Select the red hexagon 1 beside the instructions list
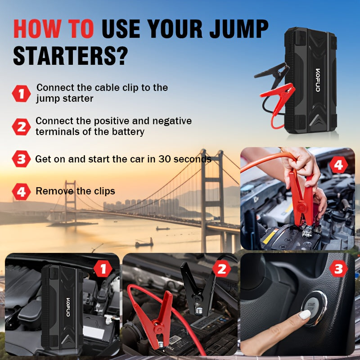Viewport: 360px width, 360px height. [21, 93]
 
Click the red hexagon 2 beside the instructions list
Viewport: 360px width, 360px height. [21, 126]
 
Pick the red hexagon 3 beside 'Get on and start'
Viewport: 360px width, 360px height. [21, 159]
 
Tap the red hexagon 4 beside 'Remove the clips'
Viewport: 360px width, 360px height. [21, 192]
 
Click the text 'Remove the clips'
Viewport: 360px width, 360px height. [75, 191]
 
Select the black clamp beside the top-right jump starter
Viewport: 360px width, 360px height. [273, 72]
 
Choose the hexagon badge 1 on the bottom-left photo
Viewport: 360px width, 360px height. [103, 269]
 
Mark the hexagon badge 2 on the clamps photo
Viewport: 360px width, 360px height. [221, 269]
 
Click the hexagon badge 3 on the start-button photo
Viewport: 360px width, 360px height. [338, 269]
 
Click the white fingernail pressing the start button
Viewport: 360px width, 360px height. [306, 315]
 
